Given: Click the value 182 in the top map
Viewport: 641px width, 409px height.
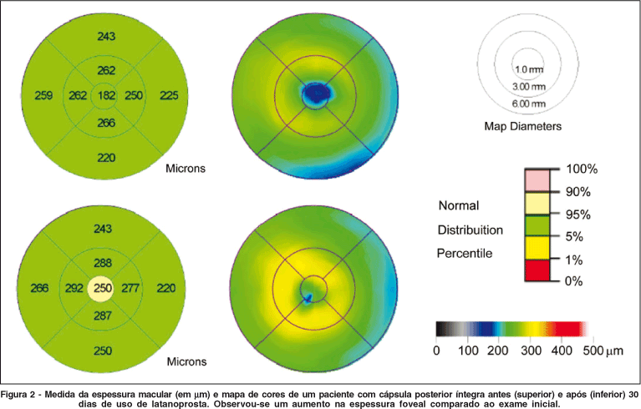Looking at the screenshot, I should tap(106, 96).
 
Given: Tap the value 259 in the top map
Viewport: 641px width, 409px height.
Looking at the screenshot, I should tap(43, 96).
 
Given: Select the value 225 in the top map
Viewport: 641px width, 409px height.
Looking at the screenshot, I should tap(169, 96).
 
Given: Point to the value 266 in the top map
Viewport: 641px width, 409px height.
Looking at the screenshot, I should tap(106, 123).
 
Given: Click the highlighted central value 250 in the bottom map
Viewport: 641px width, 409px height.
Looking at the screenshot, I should tap(102, 289).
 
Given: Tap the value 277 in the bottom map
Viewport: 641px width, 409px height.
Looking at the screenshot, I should tap(131, 289).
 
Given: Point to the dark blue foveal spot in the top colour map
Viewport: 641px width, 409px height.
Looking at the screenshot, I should tap(318, 93).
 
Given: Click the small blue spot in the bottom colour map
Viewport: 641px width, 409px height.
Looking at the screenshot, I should tap(308, 297).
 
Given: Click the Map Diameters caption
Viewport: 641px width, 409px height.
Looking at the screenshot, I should tap(522, 127).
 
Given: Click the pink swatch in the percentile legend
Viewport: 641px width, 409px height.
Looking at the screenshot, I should tap(538, 180).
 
